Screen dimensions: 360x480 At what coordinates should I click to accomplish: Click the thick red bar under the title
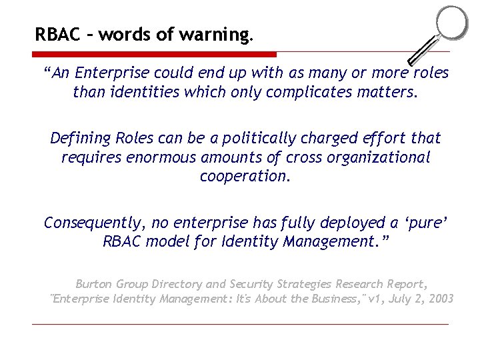154,54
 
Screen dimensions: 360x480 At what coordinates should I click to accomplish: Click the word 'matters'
386,92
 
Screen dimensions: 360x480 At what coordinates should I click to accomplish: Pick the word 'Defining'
80,138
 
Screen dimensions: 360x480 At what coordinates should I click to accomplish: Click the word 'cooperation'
245,176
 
